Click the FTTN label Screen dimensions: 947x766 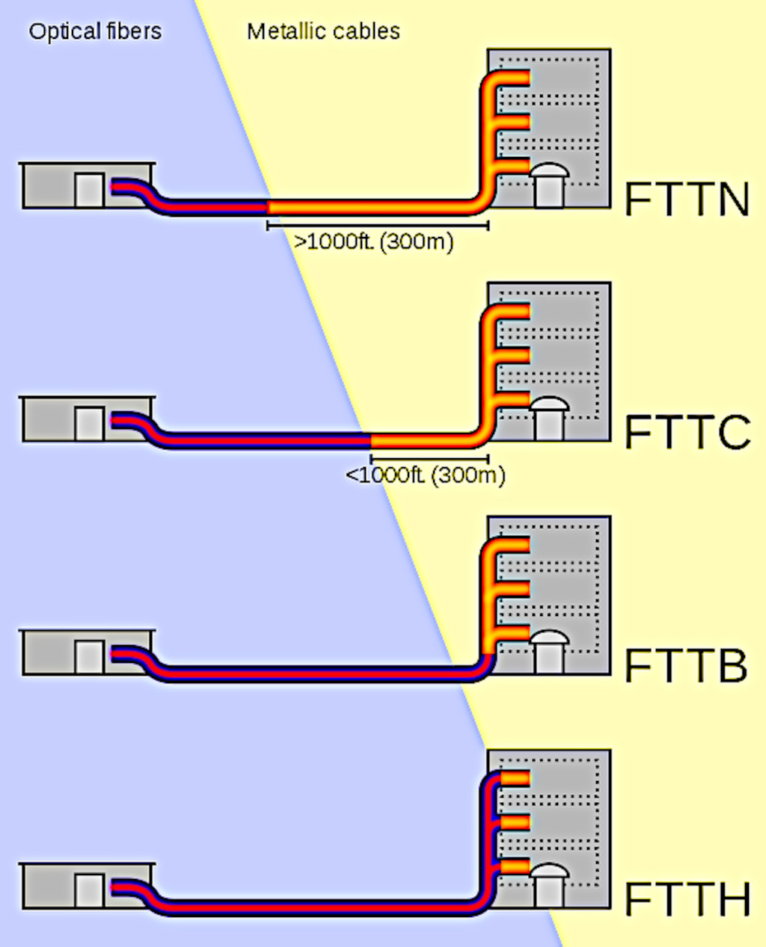[x=687, y=200]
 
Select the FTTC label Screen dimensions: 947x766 [x=687, y=433]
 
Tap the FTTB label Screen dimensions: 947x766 [x=686, y=666]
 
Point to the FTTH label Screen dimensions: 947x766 [x=687, y=899]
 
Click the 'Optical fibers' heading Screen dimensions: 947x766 [x=95, y=31]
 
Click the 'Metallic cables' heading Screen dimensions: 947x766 [x=323, y=31]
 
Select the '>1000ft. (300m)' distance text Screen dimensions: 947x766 [x=373, y=242]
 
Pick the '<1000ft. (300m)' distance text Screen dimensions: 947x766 [x=425, y=475]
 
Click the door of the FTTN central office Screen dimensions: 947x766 [x=89, y=190]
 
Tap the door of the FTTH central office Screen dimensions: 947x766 [x=89, y=890]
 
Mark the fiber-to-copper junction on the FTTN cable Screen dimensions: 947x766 [x=269, y=207]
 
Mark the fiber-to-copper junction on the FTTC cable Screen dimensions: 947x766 [x=371, y=440]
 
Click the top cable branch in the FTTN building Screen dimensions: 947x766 [x=512, y=78]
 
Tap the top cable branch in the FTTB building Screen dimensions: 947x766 [x=512, y=545]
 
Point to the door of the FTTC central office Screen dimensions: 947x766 [x=89, y=424]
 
